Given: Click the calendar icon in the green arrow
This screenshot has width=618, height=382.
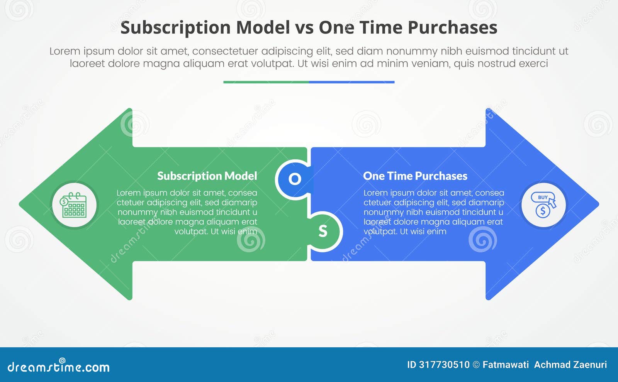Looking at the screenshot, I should (74, 205).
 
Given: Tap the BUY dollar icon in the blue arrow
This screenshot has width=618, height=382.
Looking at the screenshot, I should (543, 205).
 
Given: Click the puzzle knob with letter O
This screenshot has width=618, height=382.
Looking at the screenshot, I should (294, 179).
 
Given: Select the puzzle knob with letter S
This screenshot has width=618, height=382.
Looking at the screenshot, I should (323, 231).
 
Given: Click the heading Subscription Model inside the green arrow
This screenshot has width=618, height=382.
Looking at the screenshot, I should (207, 176).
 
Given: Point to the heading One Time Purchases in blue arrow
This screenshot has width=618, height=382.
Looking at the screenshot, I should (415, 176).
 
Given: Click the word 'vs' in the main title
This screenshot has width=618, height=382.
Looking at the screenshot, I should (304, 27).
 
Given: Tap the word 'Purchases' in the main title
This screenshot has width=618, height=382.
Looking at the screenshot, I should (452, 27).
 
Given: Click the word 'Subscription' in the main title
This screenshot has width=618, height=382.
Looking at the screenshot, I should (175, 27).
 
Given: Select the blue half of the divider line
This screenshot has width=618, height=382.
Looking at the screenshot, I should (351, 82).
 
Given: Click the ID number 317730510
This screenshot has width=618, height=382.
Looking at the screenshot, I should (444, 365).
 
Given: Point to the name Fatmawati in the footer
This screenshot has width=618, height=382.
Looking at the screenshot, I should (506, 365).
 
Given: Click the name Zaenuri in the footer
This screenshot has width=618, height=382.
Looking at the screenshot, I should (590, 365).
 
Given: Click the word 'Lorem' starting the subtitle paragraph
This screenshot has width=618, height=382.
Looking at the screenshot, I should (65, 51).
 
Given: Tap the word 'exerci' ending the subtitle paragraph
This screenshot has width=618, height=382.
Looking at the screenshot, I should (533, 63).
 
